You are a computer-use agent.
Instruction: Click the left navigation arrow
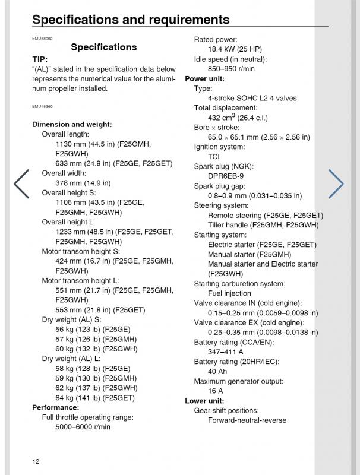21,183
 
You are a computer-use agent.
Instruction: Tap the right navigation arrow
336,183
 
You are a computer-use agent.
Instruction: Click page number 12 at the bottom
36,461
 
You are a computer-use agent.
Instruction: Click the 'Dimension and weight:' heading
72,125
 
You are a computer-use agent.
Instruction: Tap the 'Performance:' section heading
55,407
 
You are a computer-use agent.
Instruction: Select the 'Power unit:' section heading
205,78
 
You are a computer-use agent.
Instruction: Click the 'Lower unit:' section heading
206,401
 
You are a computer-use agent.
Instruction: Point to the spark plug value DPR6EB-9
226,176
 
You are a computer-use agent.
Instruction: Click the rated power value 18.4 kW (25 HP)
235,49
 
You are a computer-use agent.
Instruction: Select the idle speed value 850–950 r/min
231,69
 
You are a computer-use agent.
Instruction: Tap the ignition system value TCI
214,157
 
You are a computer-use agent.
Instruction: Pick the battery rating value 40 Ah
218,372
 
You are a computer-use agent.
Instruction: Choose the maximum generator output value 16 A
215,391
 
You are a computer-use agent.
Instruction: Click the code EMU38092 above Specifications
42,38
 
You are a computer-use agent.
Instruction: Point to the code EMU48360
42,106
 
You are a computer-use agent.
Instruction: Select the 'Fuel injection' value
229,293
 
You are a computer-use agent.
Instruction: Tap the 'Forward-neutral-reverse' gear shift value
247,420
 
